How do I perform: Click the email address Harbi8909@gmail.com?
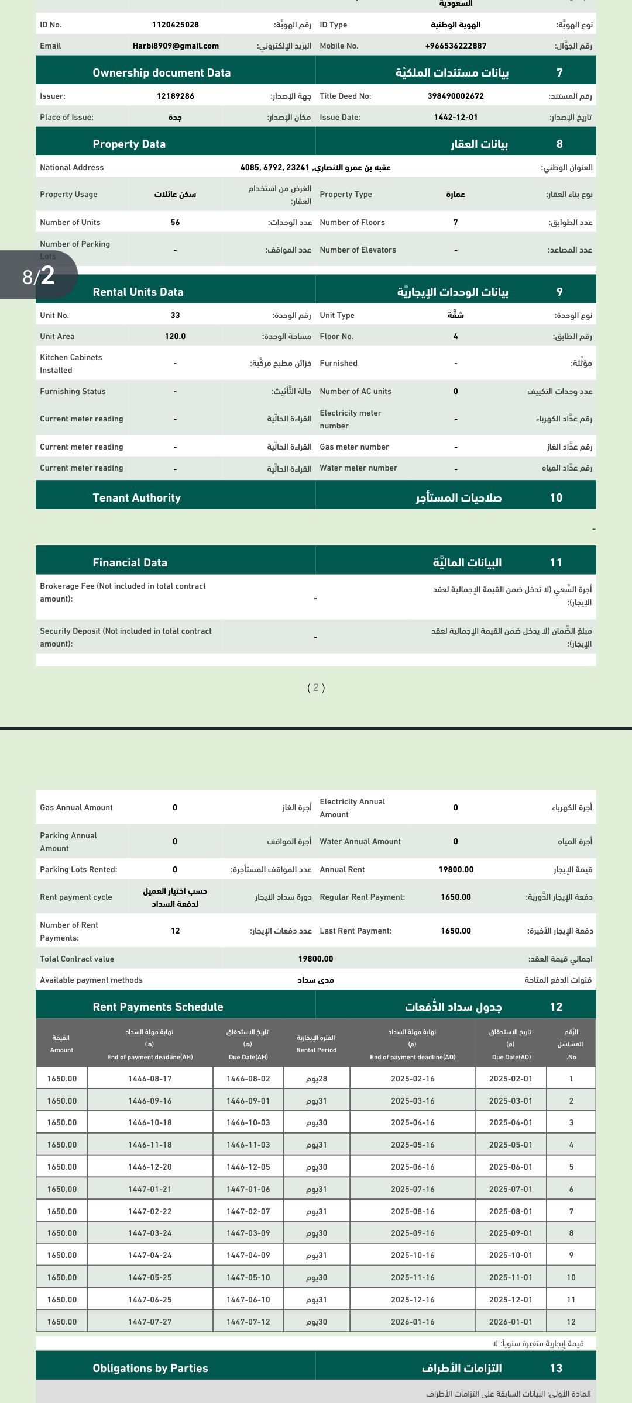click(x=176, y=46)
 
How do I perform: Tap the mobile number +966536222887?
click(x=455, y=46)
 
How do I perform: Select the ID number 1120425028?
click(x=175, y=25)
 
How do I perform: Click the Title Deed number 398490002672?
click(x=455, y=96)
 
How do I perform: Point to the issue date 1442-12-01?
click(x=455, y=118)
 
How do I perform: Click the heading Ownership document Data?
click(x=162, y=73)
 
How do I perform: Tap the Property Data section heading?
click(x=129, y=144)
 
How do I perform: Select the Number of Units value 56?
click(x=175, y=223)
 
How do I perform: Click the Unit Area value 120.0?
click(x=175, y=337)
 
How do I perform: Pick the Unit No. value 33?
click(x=175, y=316)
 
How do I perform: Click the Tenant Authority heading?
click(x=136, y=498)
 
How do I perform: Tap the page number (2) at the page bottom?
click(x=316, y=688)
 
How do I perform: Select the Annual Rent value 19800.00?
click(x=456, y=870)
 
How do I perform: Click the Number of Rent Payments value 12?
click(x=175, y=931)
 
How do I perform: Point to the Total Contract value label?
click(x=77, y=959)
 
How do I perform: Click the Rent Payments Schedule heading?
click(x=158, y=1007)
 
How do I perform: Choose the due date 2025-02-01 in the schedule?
click(x=510, y=1079)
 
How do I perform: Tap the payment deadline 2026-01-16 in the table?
click(x=413, y=1322)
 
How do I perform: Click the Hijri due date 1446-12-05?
click(x=248, y=1167)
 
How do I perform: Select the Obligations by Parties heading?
click(x=150, y=1369)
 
